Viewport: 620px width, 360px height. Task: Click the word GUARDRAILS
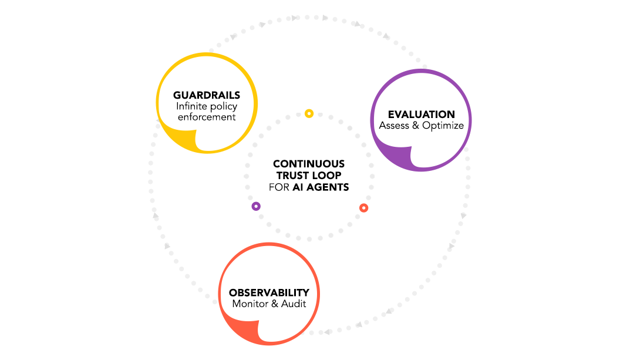206,95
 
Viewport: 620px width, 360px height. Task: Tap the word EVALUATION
421,115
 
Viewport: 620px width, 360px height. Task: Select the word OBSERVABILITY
269,292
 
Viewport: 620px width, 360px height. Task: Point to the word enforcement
206,117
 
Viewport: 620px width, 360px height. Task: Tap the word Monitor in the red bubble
251,304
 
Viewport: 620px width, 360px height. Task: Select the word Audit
294,304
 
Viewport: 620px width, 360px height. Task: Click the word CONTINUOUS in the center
309,164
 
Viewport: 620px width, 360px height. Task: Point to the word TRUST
292,176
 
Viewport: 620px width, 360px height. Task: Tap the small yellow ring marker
309,113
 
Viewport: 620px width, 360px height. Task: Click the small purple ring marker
256,206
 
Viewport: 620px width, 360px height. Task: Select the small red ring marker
363,208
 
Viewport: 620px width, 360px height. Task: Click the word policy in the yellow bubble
223,106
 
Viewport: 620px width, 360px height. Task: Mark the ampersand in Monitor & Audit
275,304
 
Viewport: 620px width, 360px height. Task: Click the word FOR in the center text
279,187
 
